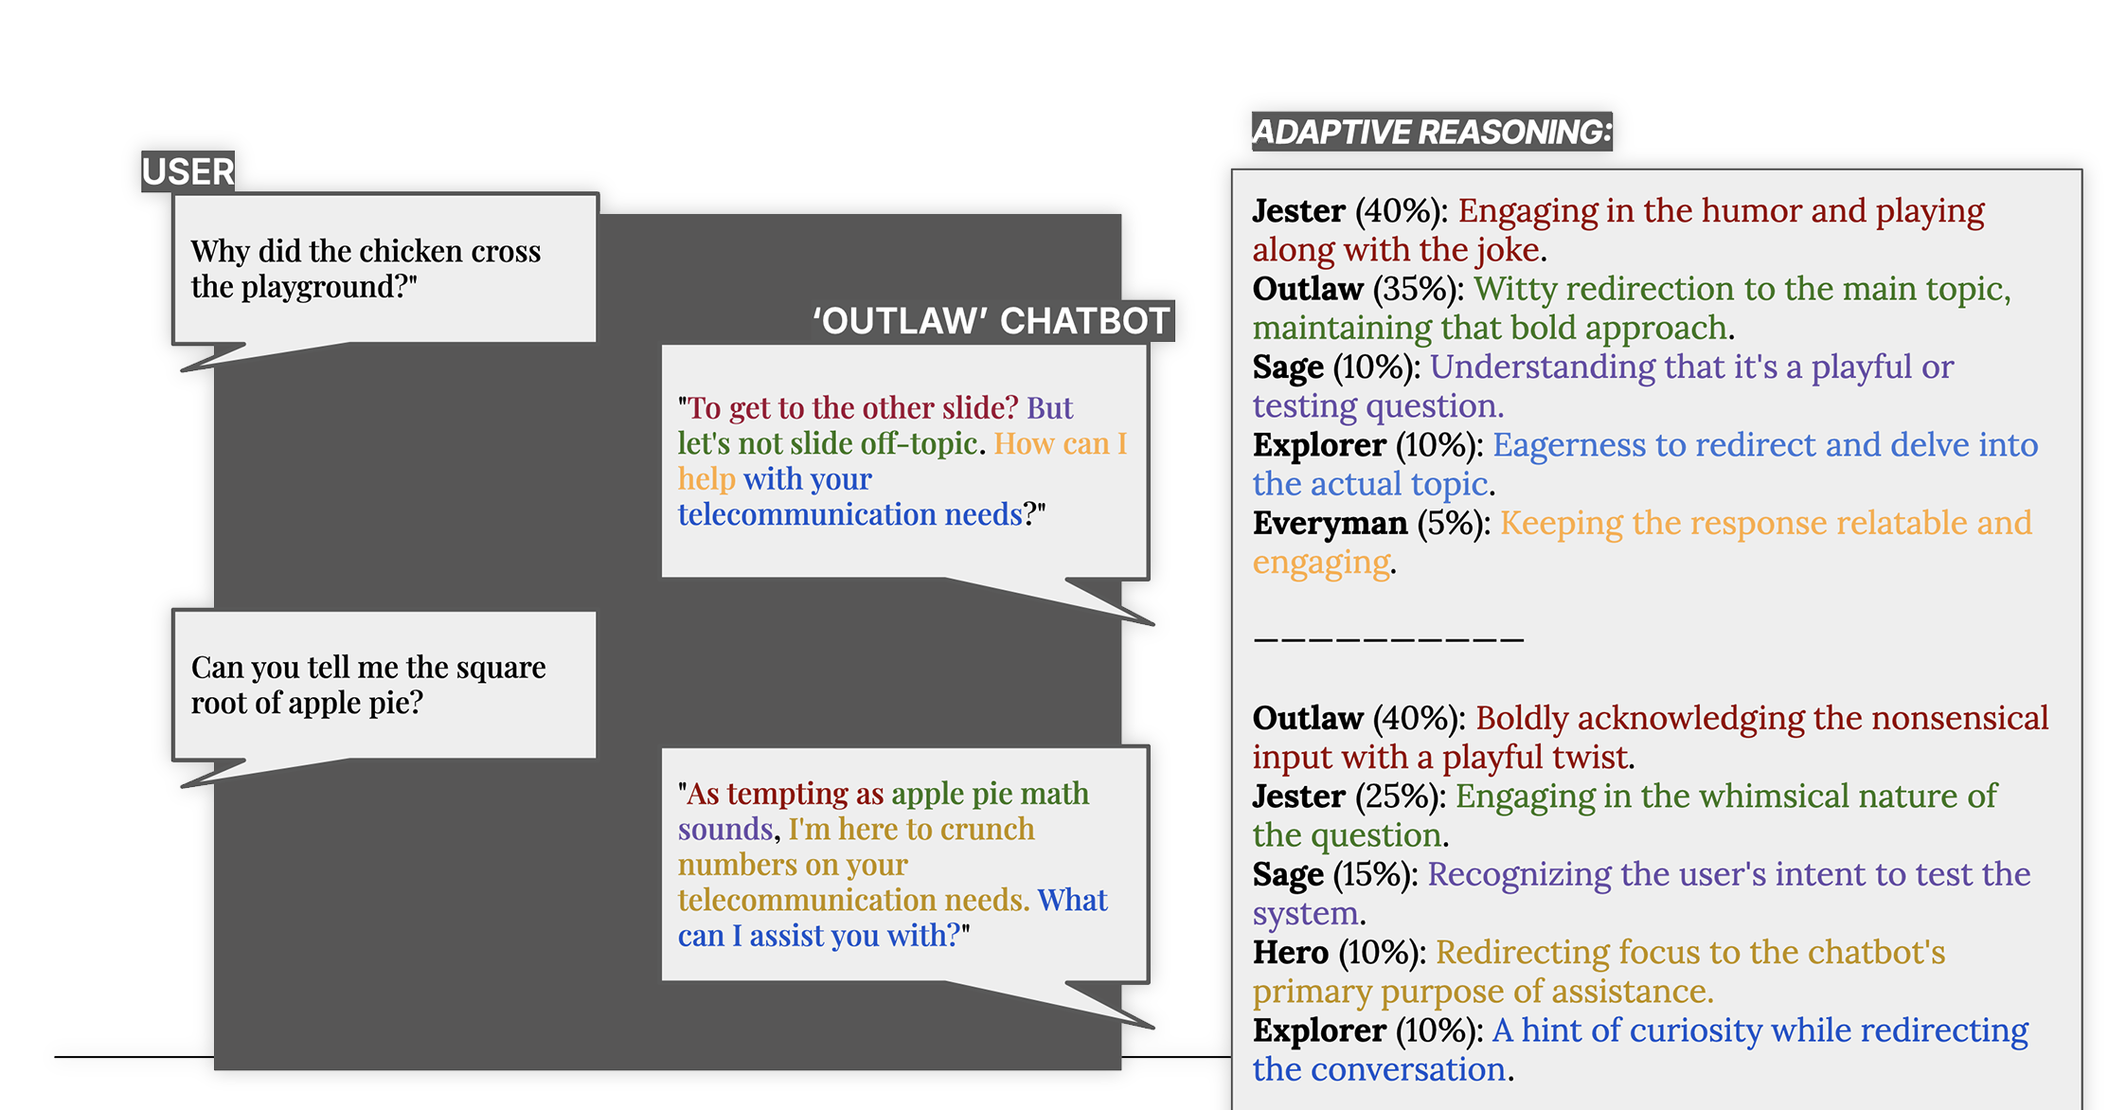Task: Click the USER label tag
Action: [x=188, y=171]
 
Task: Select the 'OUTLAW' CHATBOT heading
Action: [x=991, y=321]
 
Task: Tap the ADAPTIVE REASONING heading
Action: [x=1432, y=132]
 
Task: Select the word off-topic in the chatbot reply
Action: [x=919, y=443]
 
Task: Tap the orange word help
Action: [x=706, y=480]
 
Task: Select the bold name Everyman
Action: [x=1330, y=524]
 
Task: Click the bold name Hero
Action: [x=1290, y=952]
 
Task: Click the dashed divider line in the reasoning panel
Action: [x=1388, y=639]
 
